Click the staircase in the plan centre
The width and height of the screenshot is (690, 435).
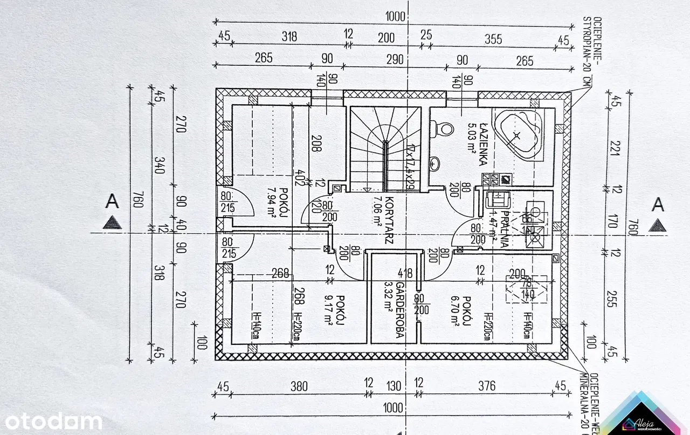click(384, 149)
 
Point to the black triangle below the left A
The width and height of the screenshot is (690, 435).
click(112, 221)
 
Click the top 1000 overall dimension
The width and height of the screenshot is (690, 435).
click(395, 17)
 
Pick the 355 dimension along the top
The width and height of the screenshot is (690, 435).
click(493, 39)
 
